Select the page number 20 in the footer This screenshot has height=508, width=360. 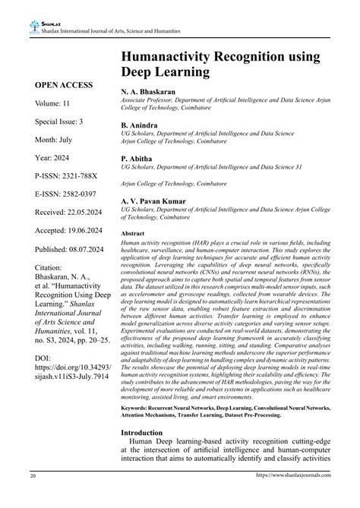tap(33, 497)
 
